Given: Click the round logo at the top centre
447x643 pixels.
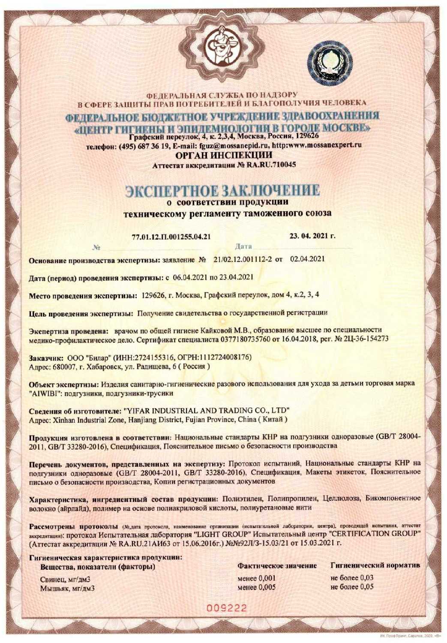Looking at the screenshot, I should [x=222, y=46].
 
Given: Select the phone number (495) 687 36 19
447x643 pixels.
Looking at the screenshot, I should [x=141, y=145].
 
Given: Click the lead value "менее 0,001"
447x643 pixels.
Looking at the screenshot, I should [x=256, y=578].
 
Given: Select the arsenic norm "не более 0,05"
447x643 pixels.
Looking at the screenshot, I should [x=352, y=587].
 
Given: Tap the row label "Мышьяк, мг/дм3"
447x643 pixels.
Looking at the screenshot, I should [x=67, y=588].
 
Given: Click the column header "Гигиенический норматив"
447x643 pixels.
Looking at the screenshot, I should [x=375, y=566].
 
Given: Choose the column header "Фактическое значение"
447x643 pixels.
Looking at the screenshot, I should [x=277, y=566].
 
